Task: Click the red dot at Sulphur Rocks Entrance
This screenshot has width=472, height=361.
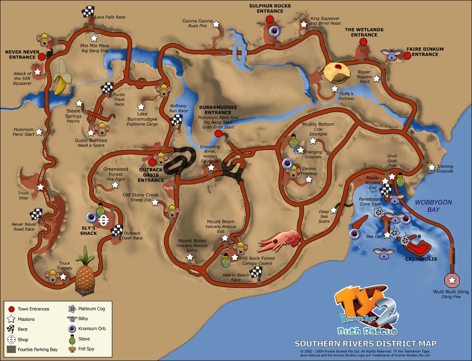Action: (x=270, y=19)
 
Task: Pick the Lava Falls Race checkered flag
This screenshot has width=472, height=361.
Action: (x=88, y=12)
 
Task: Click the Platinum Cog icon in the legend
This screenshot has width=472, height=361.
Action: (x=72, y=309)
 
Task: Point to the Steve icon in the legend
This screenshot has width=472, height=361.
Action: (x=72, y=339)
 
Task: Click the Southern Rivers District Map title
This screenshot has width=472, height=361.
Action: (x=365, y=343)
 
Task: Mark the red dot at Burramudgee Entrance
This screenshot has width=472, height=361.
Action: (x=218, y=134)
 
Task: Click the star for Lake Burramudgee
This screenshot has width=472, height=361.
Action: (x=141, y=107)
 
